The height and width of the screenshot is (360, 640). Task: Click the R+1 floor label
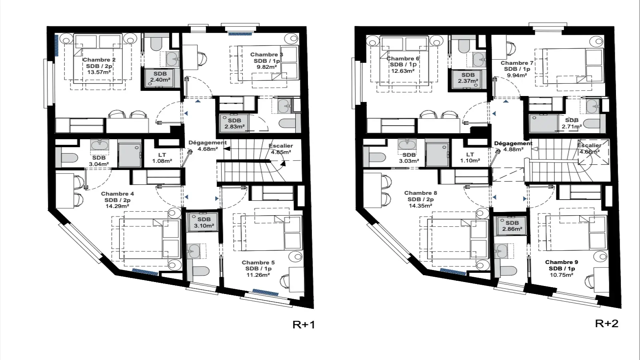[304, 324]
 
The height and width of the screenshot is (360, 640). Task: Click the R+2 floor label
[606, 324]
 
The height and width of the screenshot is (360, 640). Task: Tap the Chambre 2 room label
[99, 60]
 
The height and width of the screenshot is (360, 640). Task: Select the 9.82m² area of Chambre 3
[266, 67]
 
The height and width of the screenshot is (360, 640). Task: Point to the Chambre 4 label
[118, 194]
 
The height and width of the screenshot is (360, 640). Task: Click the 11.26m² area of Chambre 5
[258, 275]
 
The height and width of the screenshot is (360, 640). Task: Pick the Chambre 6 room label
[403, 58]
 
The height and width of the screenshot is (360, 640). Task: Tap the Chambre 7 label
[517, 63]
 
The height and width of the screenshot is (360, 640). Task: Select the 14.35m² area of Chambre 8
[420, 206]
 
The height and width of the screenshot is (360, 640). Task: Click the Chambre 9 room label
[562, 262]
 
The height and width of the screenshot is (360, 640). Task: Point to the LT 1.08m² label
[162, 158]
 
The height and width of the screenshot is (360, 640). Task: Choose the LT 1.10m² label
[470, 158]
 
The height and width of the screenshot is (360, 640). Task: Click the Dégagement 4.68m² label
[208, 146]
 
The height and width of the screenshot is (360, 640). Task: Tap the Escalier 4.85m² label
[281, 149]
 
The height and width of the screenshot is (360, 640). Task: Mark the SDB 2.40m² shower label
[160, 77]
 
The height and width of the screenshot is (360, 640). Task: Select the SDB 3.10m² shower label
[204, 222]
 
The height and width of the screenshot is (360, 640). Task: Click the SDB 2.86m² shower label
[512, 226]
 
